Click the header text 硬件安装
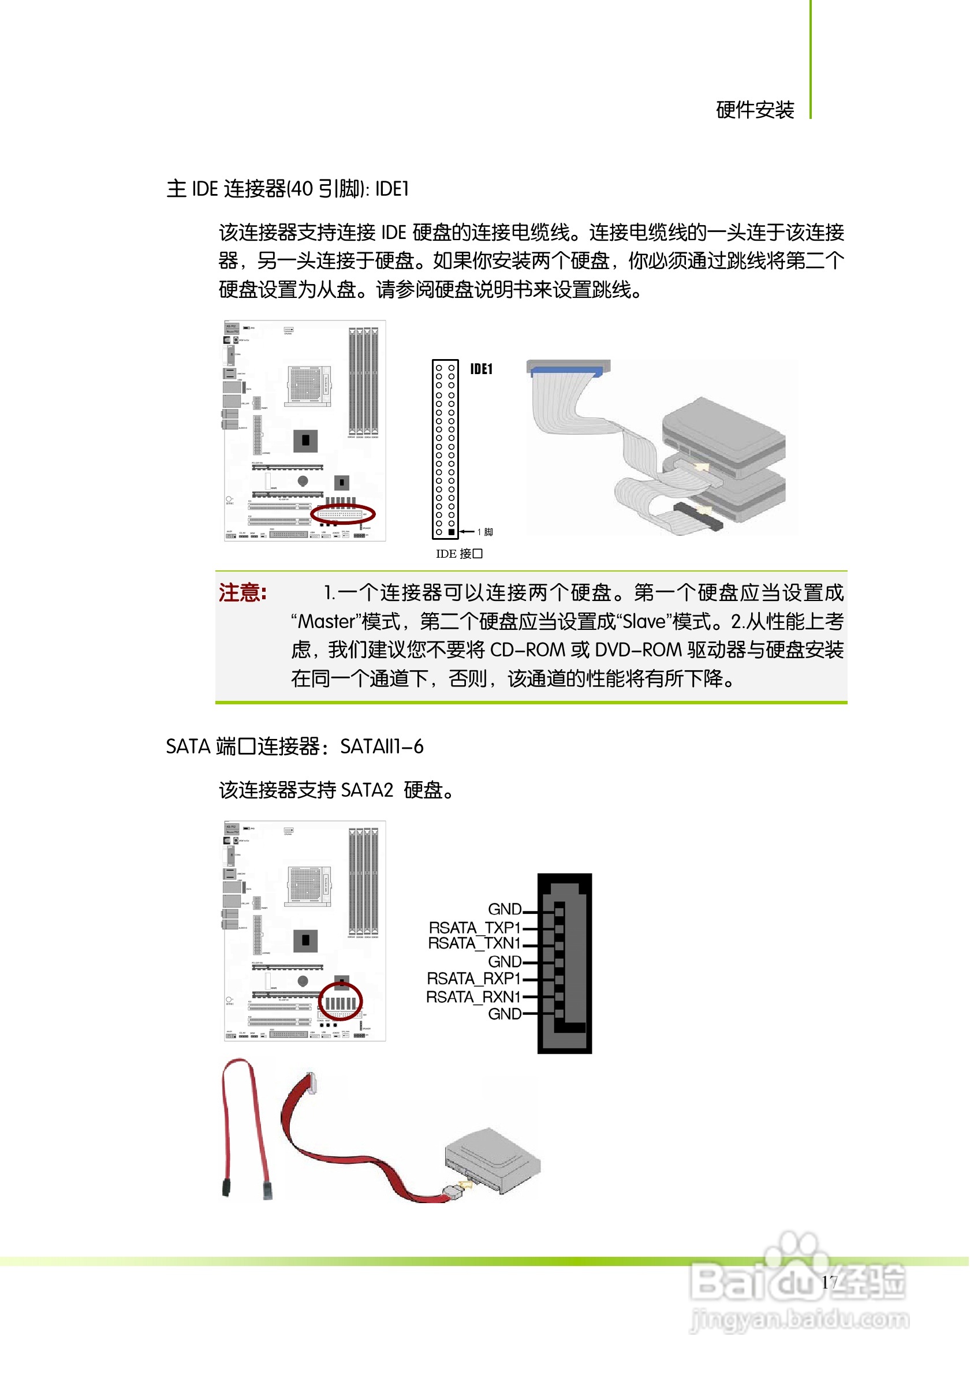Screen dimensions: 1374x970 click(x=755, y=110)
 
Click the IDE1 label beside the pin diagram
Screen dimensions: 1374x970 click(x=481, y=369)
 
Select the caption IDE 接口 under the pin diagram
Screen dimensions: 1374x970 click(x=459, y=554)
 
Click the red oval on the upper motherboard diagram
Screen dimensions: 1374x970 click(x=343, y=514)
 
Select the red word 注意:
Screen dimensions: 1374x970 click(x=243, y=593)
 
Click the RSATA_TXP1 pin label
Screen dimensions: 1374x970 click(x=475, y=928)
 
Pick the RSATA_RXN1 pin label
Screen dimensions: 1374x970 click(x=473, y=997)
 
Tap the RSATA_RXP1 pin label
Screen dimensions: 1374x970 click(x=474, y=979)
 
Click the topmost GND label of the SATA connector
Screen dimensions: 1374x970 click(x=505, y=910)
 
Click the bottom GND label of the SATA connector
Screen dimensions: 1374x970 click(x=505, y=1014)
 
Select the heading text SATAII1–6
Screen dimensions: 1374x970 click(x=382, y=747)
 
